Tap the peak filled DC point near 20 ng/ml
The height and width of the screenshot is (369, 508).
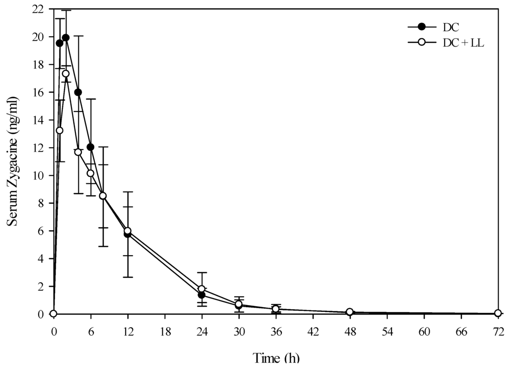pos(65,38)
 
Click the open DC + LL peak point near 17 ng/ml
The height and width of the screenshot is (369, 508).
pos(65,74)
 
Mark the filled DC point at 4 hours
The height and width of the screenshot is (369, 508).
pos(78,92)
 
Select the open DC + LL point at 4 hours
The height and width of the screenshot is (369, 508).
pos(78,152)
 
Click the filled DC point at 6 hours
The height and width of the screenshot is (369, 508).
pos(90,147)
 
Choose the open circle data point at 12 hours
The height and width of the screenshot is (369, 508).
pos(127,231)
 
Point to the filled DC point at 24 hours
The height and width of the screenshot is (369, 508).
pos(201,295)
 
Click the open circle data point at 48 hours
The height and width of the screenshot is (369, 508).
pos(350,312)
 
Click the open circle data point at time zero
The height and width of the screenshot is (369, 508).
pos(54,314)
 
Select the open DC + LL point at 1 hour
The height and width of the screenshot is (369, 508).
pos(60,130)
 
